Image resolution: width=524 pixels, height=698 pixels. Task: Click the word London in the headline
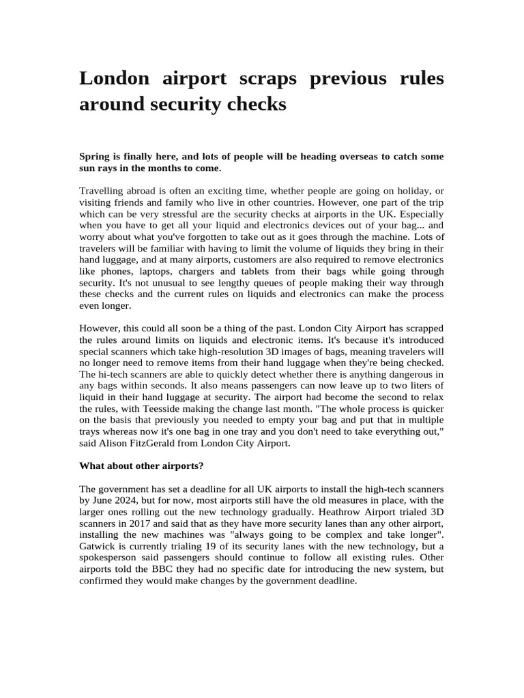click(114, 78)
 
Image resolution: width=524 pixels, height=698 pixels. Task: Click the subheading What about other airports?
click(142, 466)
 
